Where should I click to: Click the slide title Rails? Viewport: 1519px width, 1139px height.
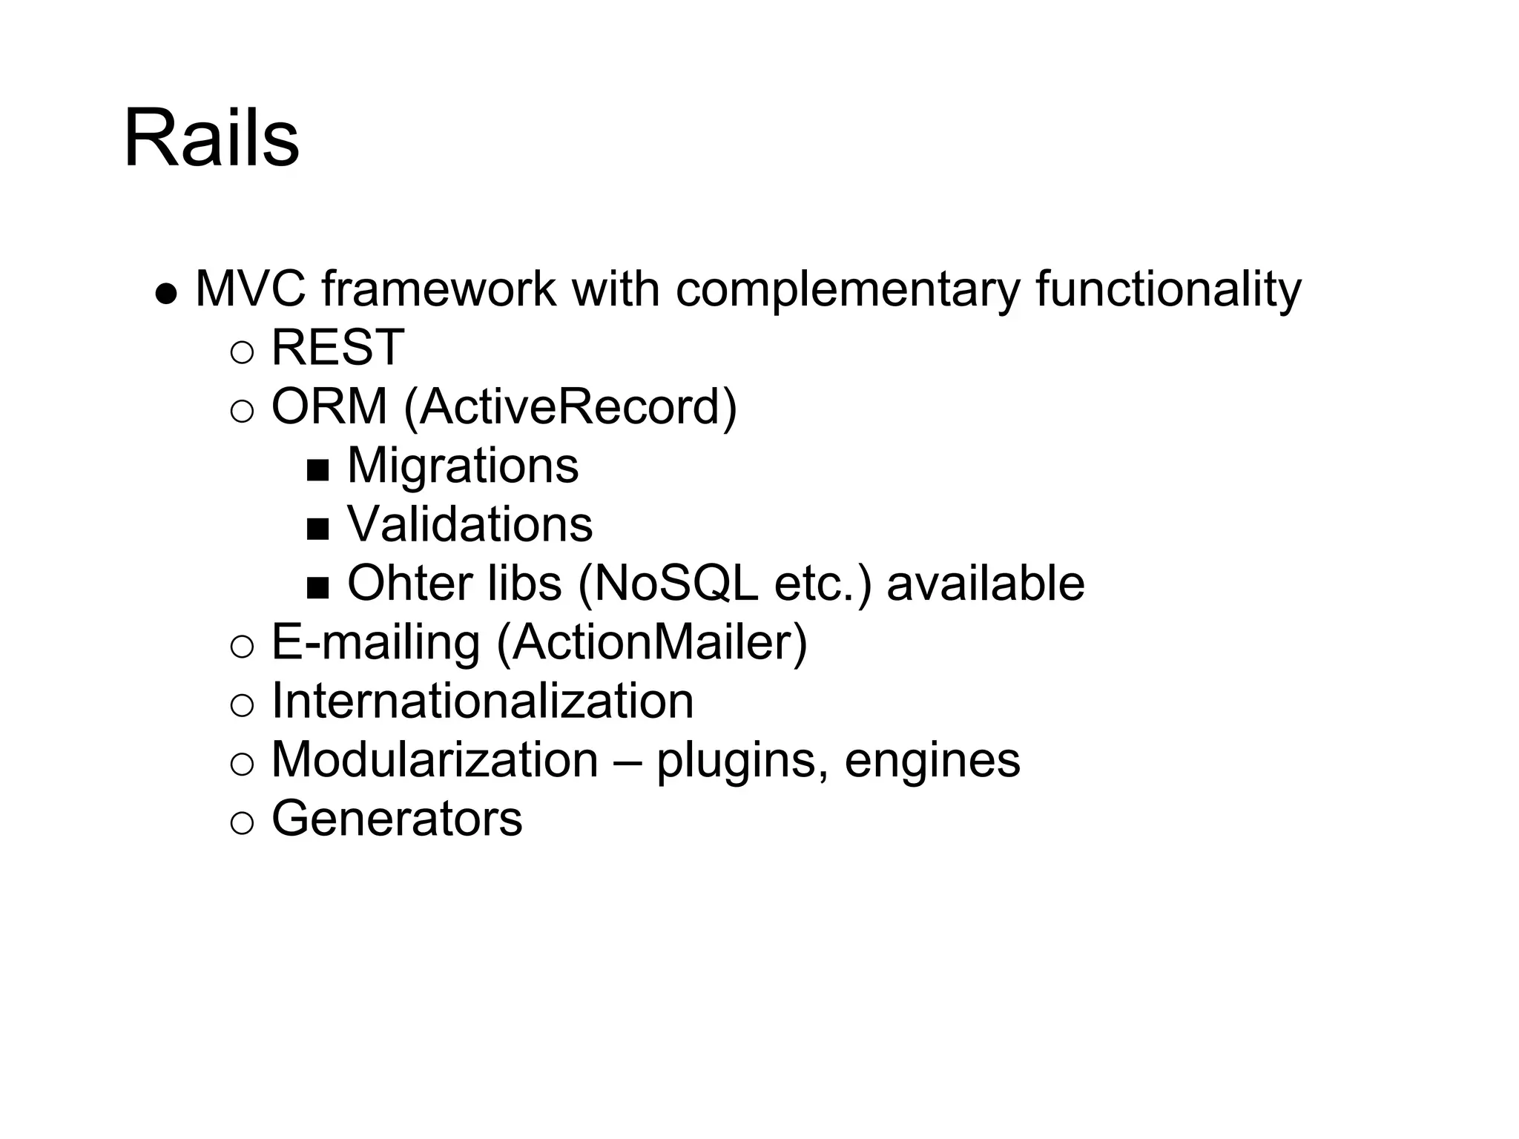pyautogui.click(x=211, y=139)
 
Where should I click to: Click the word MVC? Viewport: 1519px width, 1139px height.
pyautogui.click(x=250, y=288)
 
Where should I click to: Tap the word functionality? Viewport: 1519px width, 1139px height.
pyautogui.click(x=1168, y=290)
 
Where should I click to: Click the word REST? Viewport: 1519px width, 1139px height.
pyautogui.click(x=337, y=347)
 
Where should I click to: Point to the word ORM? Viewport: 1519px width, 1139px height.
pyautogui.click(x=329, y=406)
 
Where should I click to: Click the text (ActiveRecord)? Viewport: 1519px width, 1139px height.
pyautogui.click(x=570, y=407)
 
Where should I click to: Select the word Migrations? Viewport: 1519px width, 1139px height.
pyautogui.click(x=463, y=466)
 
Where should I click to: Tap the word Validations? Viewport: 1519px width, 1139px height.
pyautogui.click(x=470, y=524)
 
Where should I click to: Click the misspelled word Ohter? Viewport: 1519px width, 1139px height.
pyautogui.click(x=409, y=583)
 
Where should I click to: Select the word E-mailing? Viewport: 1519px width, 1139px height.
pyautogui.click(x=376, y=642)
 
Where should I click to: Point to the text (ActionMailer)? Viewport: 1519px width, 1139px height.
pyautogui.click(x=651, y=642)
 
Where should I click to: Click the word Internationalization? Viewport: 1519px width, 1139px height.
pyautogui.click(x=483, y=701)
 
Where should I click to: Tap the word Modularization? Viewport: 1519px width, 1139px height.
pyautogui.click(x=435, y=759)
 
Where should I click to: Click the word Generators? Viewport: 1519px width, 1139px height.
pyautogui.click(x=397, y=818)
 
